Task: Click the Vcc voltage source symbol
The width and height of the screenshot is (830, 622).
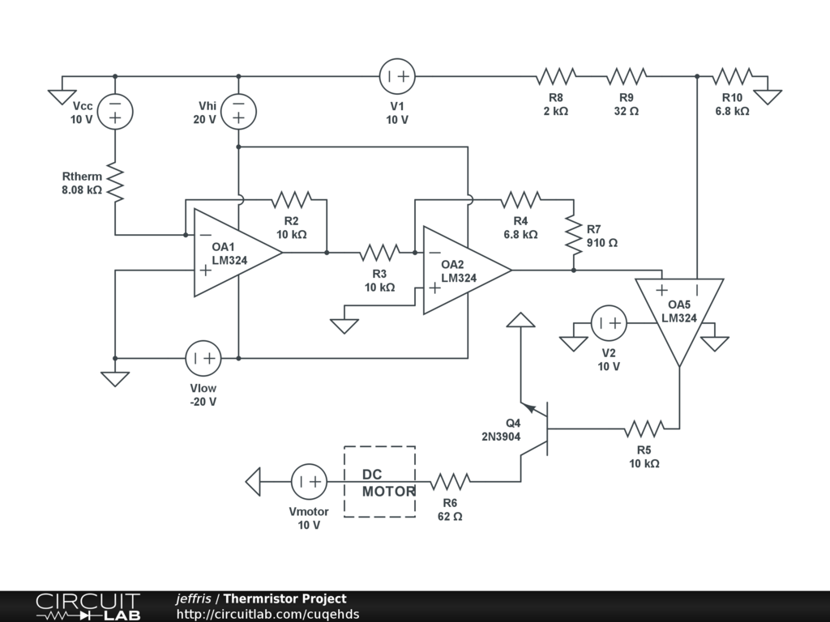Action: point(115,112)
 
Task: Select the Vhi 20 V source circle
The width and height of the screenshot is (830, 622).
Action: point(238,112)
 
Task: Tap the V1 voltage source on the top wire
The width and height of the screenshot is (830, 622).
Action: point(397,76)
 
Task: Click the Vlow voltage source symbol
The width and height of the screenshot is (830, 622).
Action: point(203,358)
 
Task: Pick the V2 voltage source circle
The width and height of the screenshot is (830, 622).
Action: point(609,322)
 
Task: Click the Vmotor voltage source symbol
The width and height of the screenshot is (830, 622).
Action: point(309,481)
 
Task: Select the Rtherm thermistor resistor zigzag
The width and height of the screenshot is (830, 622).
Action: point(115,182)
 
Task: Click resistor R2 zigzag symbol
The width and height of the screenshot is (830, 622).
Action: point(291,199)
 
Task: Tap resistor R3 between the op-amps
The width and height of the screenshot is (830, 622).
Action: point(379,253)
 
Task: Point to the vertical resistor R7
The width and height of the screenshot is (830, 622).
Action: point(573,233)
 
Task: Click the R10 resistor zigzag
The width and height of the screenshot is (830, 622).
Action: point(732,76)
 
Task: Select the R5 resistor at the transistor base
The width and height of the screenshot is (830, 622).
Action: point(644,428)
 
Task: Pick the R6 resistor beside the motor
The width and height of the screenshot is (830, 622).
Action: point(450,481)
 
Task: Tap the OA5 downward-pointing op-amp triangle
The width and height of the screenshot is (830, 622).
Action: point(679,317)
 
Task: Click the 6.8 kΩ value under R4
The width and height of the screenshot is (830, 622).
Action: point(520,234)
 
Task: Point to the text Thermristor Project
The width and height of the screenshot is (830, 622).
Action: point(285,599)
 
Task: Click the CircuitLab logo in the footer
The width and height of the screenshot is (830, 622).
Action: point(88,606)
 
